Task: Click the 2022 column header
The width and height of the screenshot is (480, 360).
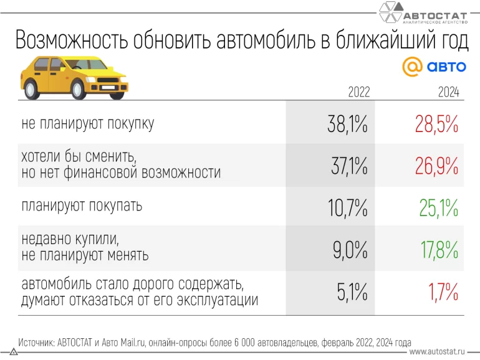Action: coord(358,92)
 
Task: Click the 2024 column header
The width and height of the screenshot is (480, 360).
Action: coord(448,92)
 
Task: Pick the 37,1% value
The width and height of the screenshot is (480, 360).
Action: coord(347,165)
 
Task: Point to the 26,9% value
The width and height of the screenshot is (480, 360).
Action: coord(437,165)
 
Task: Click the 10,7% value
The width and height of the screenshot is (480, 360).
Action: coord(347,207)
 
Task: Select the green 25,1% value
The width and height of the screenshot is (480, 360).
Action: coord(438,207)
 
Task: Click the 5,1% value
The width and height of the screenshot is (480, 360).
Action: coord(352,291)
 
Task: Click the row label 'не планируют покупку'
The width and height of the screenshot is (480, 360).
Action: coord(87,124)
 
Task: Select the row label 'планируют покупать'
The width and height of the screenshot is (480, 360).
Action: coord(82,206)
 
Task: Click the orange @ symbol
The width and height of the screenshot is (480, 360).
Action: coord(412,67)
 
